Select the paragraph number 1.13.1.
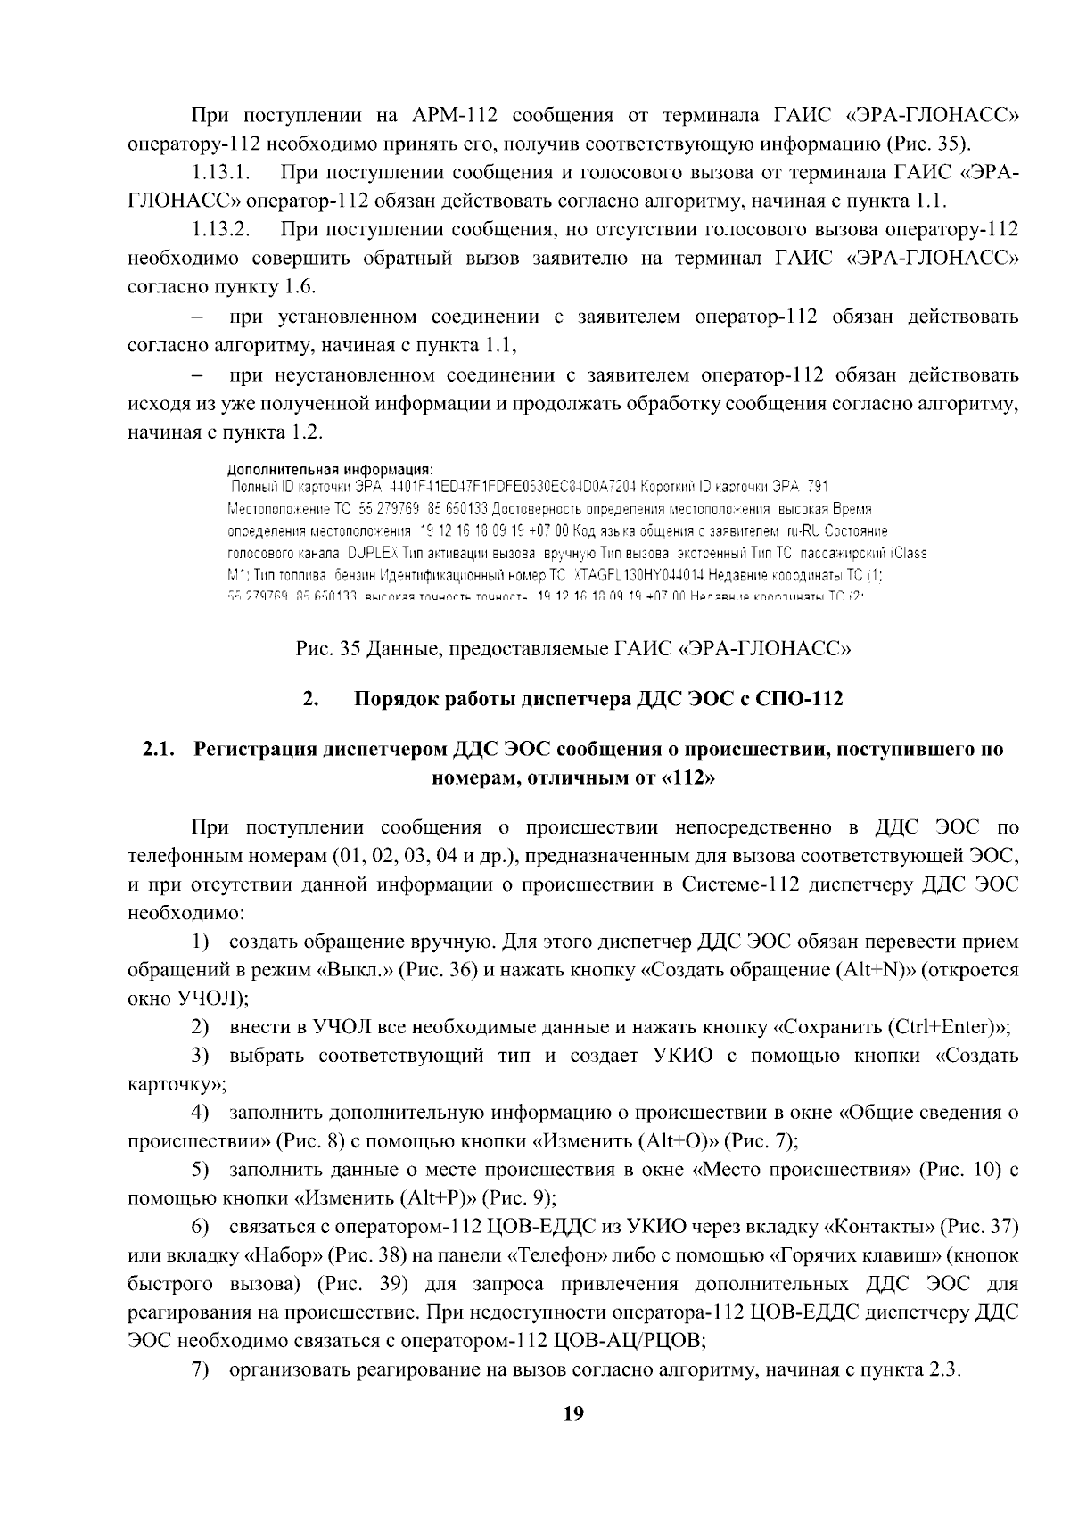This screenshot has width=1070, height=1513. (x=219, y=171)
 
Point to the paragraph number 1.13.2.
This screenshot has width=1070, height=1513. (x=219, y=229)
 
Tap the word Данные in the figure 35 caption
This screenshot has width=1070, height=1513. (x=399, y=648)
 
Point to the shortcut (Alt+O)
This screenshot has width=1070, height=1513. (x=678, y=1140)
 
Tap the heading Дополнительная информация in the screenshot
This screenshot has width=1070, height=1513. (x=329, y=468)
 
